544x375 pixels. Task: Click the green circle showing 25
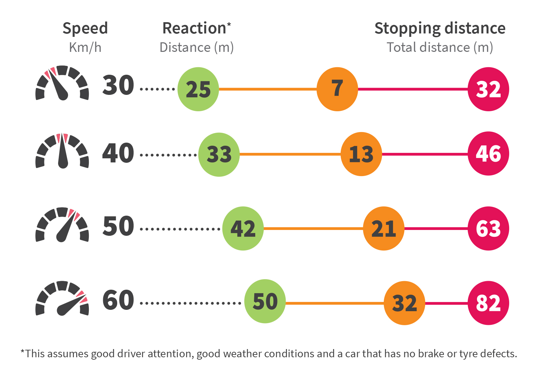click(x=198, y=89)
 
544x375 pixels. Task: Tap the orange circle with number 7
click(x=337, y=89)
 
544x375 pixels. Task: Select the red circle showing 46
click(x=488, y=154)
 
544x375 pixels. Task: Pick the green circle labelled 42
click(x=243, y=228)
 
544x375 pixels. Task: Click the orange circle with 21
click(x=384, y=228)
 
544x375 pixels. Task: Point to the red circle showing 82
click(x=488, y=303)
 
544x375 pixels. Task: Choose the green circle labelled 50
click(x=265, y=301)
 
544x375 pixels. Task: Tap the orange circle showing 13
click(x=361, y=154)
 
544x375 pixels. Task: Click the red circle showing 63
click(x=488, y=228)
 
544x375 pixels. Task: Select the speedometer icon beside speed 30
click(x=62, y=83)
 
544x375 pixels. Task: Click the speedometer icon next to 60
click(x=62, y=299)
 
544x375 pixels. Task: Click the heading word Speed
click(x=85, y=28)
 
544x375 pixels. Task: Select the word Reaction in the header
click(x=194, y=28)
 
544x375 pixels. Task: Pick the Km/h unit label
click(x=85, y=47)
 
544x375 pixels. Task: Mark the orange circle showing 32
click(x=405, y=303)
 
